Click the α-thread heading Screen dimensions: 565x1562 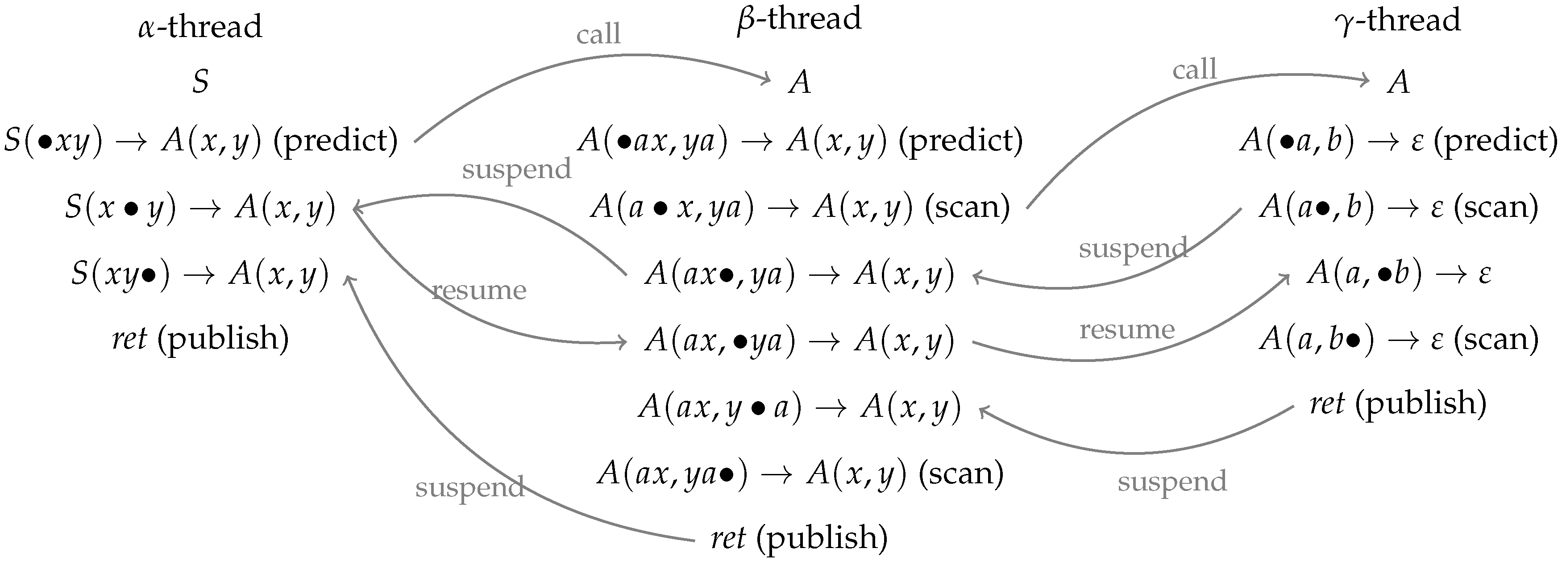[x=200, y=27]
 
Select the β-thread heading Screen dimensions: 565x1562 [x=799, y=19]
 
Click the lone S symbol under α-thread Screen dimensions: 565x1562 [x=200, y=82]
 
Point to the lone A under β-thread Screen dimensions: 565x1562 [x=799, y=82]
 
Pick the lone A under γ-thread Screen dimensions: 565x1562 [x=1398, y=82]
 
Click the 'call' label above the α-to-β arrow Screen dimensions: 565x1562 [x=598, y=34]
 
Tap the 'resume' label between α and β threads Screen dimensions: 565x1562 [x=479, y=291]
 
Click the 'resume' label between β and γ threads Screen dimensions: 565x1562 [x=1126, y=330]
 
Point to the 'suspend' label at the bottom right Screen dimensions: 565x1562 [x=1171, y=482]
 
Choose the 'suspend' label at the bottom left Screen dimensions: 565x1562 [x=469, y=487]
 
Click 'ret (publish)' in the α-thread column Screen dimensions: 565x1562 [x=200, y=338]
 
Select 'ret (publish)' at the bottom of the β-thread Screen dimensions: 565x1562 [x=799, y=538]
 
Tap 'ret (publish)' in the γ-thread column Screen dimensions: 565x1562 [x=1398, y=403]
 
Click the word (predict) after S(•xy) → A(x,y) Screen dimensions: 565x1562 [x=335, y=141]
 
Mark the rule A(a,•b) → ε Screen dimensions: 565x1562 [x=1398, y=273]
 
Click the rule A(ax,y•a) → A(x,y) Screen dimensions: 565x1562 [x=799, y=406]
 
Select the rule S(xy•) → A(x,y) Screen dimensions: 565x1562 [x=200, y=274]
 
